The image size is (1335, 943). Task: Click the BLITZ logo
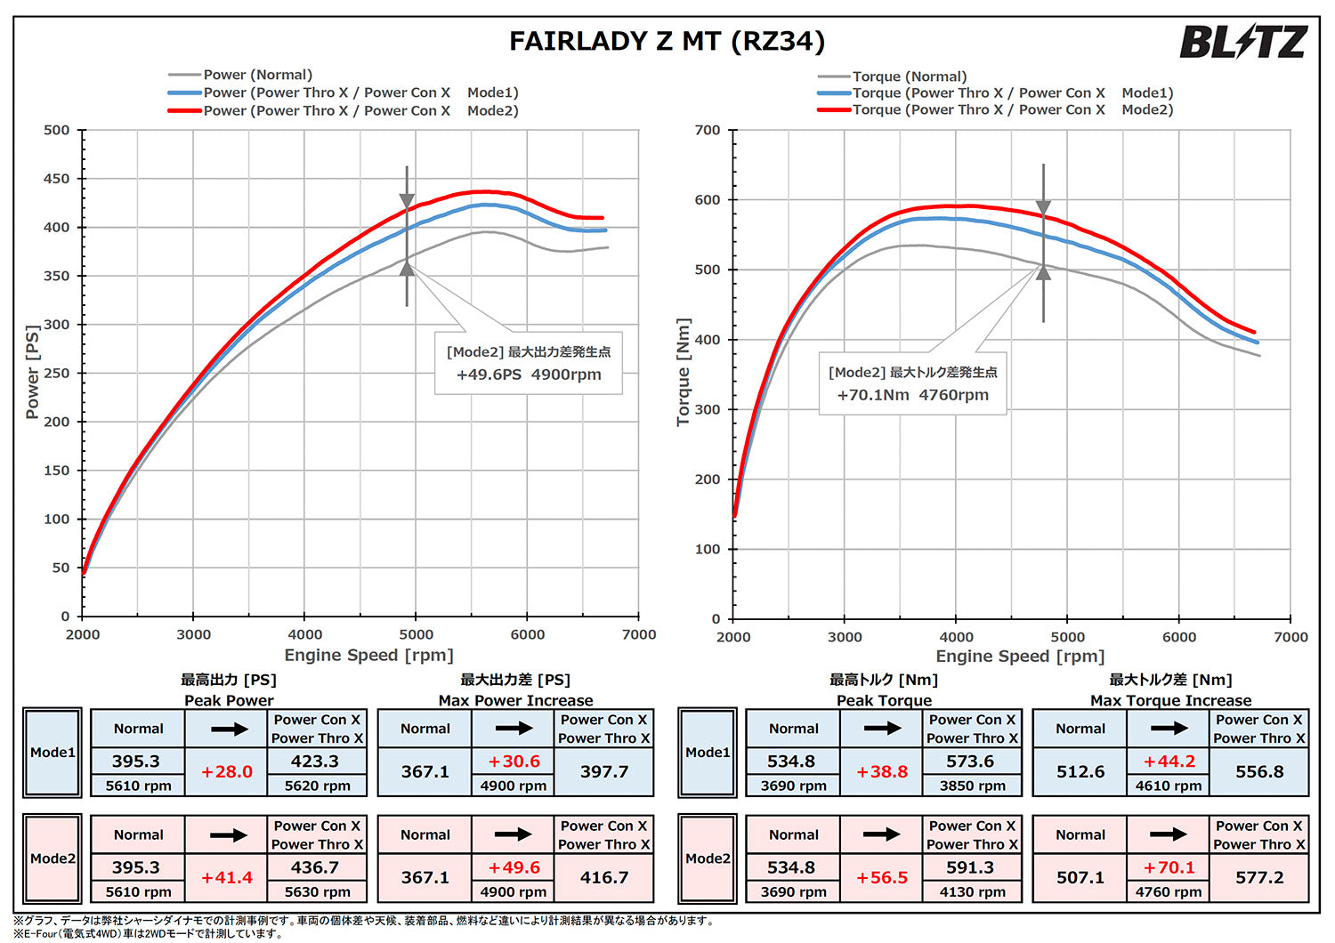[1242, 42]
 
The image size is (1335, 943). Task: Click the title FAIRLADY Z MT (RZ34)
[667, 41]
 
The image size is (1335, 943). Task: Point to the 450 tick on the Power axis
[56, 179]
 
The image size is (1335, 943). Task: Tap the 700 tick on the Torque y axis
[708, 130]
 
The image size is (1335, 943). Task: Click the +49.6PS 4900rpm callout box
[529, 364]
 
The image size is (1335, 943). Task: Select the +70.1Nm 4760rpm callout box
[912, 384]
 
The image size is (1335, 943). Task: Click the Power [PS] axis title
[33, 372]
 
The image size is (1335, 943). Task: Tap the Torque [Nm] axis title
[684, 372]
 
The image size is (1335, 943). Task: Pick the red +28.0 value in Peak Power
[227, 771]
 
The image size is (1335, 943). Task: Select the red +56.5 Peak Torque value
[882, 877]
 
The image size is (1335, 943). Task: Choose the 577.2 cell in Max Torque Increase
[1259, 877]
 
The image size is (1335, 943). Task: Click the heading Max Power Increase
[515, 700]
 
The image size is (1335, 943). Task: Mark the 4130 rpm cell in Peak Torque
[972, 891]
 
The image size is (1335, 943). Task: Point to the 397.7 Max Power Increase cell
[604, 771]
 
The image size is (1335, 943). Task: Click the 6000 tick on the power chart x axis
[527, 634]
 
